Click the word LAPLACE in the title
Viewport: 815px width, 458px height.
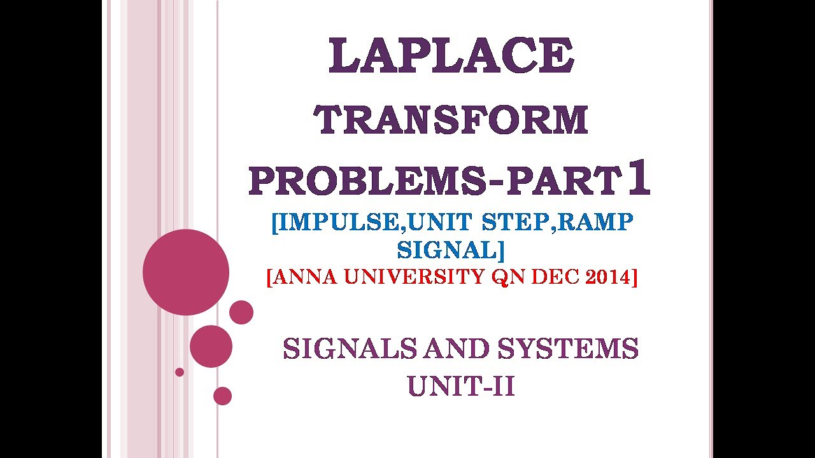click(x=451, y=56)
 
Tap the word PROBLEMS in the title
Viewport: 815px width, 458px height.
click(x=362, y=182)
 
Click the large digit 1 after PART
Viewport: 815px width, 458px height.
click(x=638, y=179)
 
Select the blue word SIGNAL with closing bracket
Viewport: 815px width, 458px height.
click(x=451, y=250)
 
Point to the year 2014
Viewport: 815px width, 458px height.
click(x=606, y=277)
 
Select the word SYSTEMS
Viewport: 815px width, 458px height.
click(x=568, y=349)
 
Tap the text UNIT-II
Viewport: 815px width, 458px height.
click(x=461, y=386)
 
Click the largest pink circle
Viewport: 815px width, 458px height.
click(x=186, y=272)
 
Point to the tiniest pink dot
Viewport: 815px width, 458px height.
click(x=180, y=372)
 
